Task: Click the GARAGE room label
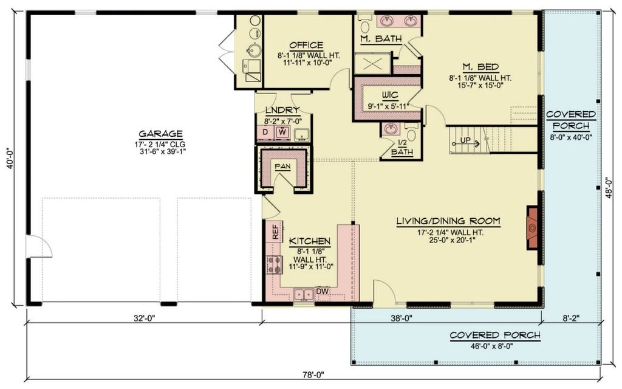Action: tap(160, 134)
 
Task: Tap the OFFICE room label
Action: tap(306, 45)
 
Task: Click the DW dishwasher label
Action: tap(323, 291)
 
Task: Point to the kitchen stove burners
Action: tap(275, 265)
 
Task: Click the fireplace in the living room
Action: tap(532, 228)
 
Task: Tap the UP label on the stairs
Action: tap(465, 140)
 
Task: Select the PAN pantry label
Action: tap(282, 167)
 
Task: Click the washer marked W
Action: tap(282, 132)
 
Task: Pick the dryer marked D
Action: tap(265, 132)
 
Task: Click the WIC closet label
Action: tap(390, 95)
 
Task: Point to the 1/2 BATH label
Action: tap(402, 147)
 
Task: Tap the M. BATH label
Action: tap(381, 39)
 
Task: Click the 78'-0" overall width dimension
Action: tap(313, 374)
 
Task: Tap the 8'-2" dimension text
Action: tap(571, 317)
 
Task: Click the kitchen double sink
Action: tap(304, 294)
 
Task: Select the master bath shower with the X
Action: tap(373, 63)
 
